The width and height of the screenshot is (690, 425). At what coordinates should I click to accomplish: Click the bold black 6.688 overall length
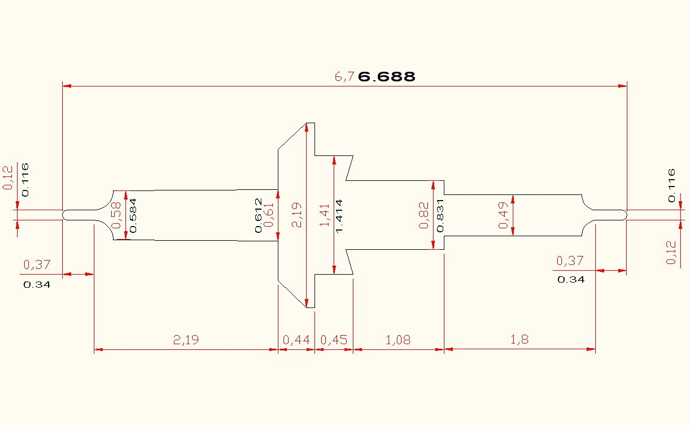coord(387,77)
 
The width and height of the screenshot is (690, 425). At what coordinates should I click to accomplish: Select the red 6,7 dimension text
coord(345,77)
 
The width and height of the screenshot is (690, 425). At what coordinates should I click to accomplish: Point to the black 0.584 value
coord(134,216)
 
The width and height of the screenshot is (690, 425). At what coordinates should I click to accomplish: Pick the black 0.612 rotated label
coord(258,215)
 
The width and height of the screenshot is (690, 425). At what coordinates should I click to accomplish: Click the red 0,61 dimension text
coord(269,215)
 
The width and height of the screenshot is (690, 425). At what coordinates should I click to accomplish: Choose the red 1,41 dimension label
coord(324,215)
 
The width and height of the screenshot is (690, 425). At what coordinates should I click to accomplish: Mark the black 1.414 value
coord(339,216)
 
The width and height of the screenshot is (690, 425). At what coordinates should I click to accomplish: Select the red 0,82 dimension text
coord(424,215)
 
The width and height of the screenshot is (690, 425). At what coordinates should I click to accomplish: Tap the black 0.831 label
coord(440,215)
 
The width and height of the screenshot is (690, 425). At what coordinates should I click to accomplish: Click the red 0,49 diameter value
coord(504,215)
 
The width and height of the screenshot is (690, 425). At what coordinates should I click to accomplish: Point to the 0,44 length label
coord(296,340)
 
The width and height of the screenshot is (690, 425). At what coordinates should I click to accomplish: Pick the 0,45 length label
coord(334,340)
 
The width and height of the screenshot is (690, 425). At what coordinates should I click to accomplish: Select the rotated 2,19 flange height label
coord(297,215)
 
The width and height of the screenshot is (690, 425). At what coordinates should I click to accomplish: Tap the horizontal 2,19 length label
coord(186,340)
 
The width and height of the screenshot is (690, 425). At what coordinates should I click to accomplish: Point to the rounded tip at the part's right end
coord(623,215)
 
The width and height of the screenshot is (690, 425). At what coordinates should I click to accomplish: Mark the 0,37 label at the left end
coord(37,265)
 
